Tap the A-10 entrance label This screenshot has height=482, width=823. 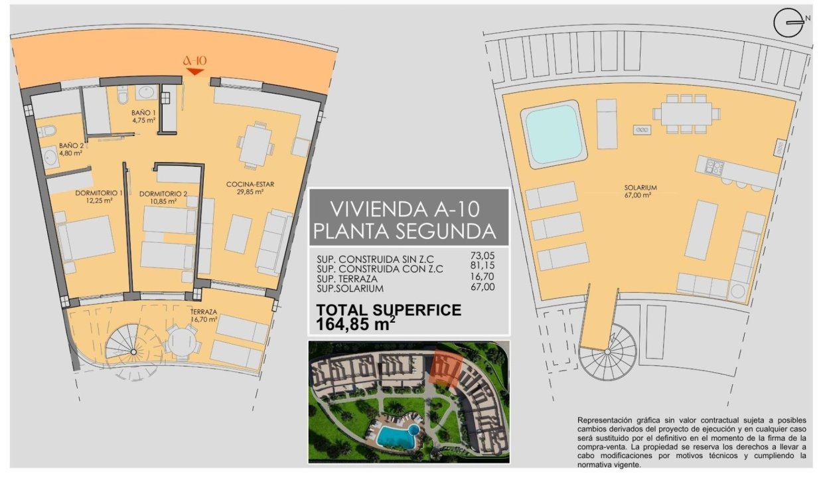(x=194, y=60)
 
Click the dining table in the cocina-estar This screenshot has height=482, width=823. (x=256, y=145)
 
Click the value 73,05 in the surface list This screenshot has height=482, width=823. (x=483, y=254)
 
